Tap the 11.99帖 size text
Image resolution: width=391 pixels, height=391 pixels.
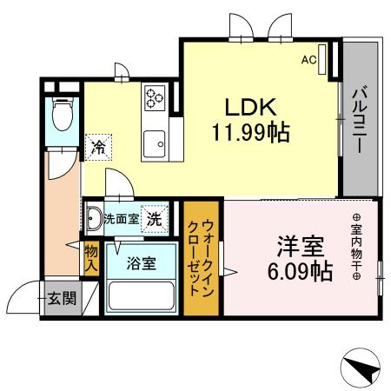(x=249, y=133)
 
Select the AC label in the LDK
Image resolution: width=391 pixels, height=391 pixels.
(x=308, y=60)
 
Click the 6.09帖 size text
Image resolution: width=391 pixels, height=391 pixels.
(x=300, y=270)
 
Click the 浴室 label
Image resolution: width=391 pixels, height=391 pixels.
(x=140, y=263)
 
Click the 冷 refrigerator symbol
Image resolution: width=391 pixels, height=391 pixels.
(x=98, y=147)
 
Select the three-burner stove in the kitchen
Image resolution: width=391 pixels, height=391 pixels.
(x=156, y=96)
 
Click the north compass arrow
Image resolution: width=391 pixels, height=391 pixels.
(x=362, y=368)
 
